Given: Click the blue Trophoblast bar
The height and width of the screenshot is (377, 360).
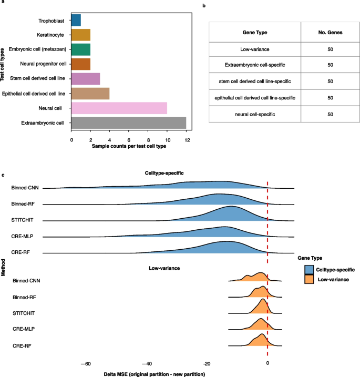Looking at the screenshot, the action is pos(76,20).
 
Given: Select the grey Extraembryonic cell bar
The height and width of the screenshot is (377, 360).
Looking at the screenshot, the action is pos(129,123).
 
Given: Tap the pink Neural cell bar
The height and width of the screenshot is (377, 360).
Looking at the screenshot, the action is pos(119,108).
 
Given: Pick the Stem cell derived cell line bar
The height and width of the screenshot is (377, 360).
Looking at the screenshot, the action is pos(86,79).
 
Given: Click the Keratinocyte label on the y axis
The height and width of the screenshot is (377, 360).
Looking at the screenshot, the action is pos(50,35).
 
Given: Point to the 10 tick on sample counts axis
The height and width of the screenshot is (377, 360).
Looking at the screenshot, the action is pos(168,140).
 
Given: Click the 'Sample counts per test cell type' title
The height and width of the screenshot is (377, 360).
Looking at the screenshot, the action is pos(129,146).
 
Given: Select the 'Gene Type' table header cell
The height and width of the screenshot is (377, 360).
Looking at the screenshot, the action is pos(255,33).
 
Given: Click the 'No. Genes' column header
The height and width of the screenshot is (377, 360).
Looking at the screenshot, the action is pos(330,33).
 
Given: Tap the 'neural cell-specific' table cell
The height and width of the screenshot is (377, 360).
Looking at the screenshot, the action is pos(255,114).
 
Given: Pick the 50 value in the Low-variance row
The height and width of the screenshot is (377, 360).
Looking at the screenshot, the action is pos(330,49).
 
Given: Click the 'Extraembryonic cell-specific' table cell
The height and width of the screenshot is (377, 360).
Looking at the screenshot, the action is pos(255,65).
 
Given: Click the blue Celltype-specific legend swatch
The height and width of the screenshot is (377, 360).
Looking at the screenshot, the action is pos(309,270).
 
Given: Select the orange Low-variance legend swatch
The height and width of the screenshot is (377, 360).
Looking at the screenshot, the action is pos(309,279).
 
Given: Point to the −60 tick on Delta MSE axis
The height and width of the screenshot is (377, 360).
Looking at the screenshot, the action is pos(86,364).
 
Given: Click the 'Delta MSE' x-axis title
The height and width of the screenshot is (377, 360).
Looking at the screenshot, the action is pos(155,374).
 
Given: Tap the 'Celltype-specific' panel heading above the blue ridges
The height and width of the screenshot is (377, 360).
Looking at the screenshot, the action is pos(164,173).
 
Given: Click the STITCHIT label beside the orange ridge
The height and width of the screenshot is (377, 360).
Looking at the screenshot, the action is pos(24,313).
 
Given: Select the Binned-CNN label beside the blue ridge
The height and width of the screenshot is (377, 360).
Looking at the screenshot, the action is pos(25,188).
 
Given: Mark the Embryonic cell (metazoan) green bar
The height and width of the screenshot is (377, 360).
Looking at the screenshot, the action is pos(81,49).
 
